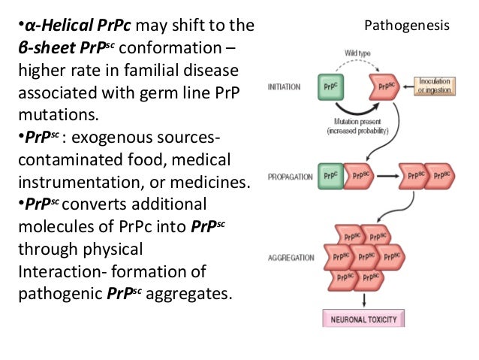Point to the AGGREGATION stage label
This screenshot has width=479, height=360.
tap(291, 257)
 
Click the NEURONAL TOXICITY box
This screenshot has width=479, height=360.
tap(363, 319)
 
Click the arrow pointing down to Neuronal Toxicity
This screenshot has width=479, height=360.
tap(363, 300)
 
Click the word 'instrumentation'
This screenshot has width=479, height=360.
tap(78, 183)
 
